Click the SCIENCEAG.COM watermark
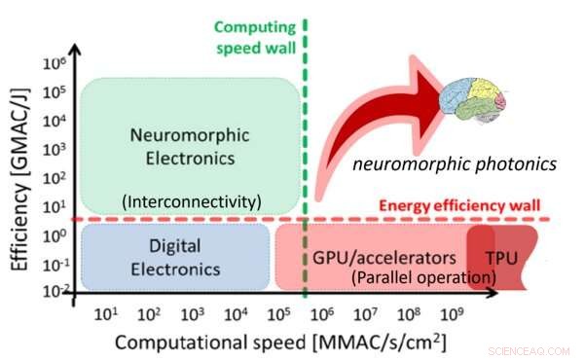(x=534, y=346)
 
